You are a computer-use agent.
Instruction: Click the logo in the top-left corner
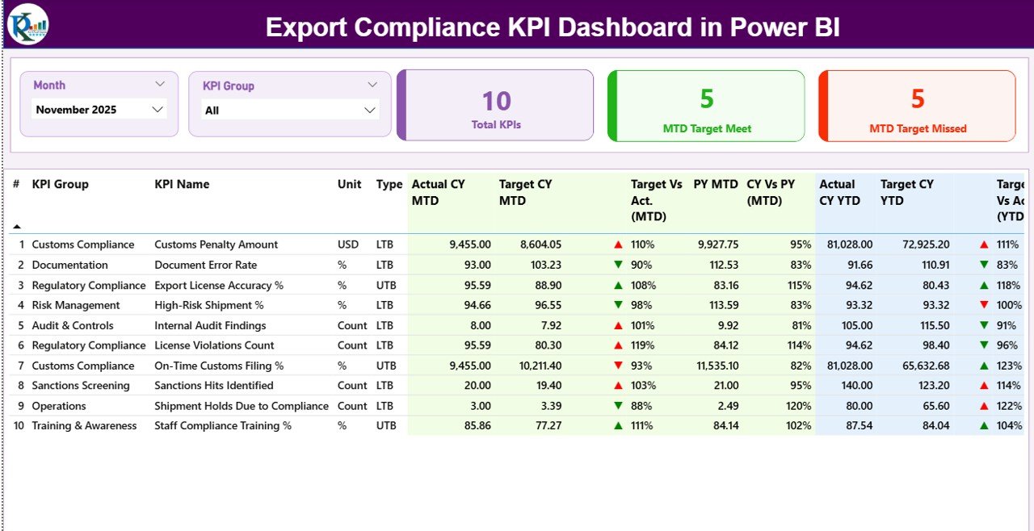click(x=28, y=24)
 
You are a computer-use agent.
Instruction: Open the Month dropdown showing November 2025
click(x=99, y=110)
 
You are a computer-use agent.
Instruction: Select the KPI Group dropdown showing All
click(x=290, y=111)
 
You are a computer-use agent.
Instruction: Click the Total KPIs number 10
click(x=496, y=101)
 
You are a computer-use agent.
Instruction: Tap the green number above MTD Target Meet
click(x=707, y=98)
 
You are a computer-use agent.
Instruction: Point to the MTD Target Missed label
click(x=918, y=128)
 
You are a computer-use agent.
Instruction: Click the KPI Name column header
click(x=182, y=184)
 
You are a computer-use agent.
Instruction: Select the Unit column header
click(x=349, y=184)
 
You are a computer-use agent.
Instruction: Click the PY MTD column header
click(x=716, y=184)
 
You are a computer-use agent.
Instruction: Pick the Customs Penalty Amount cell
click(x=216, y=245)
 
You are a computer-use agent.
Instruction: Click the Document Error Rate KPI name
click(x=205, y=265)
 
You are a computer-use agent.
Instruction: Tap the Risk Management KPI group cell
click(x=76, y=305)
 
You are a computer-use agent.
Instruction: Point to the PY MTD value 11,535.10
click(x=714, y=366)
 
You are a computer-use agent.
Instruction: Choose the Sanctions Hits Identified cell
click(x=213, y=386)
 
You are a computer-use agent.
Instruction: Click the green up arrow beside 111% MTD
click(x=618, y=426)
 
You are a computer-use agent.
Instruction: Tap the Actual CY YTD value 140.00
click(x=855, y=386)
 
